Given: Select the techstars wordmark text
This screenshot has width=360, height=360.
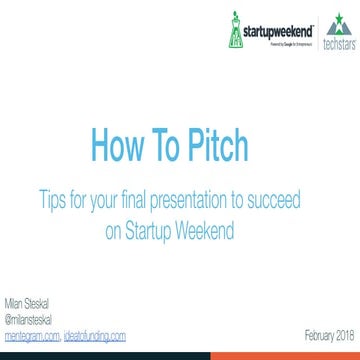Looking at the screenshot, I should (x=342, y=45).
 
